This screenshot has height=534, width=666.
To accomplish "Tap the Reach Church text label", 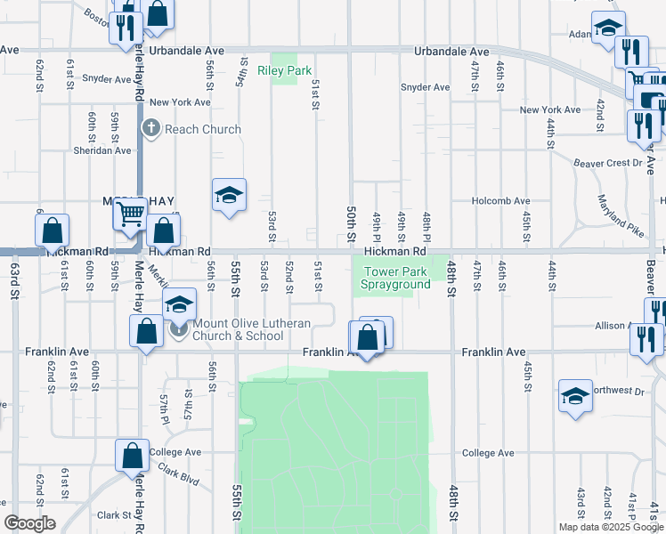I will point(202,129).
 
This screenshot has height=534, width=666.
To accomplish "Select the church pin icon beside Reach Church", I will point(151,128).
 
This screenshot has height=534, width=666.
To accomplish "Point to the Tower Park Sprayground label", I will point(395,279).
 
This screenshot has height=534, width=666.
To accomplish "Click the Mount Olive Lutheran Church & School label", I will point(238,329).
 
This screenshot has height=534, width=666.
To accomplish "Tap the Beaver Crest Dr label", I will point(608,163).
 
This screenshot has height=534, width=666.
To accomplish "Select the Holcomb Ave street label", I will point(500,201).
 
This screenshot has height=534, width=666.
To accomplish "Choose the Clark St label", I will point(114,514).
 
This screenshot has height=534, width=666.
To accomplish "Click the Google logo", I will point(29,523).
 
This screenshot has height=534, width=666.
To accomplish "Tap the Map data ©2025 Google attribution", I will point(612,527).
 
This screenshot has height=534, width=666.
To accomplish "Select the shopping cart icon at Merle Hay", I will point(131,213).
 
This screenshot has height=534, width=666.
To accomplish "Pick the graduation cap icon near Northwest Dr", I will point(575,394).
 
